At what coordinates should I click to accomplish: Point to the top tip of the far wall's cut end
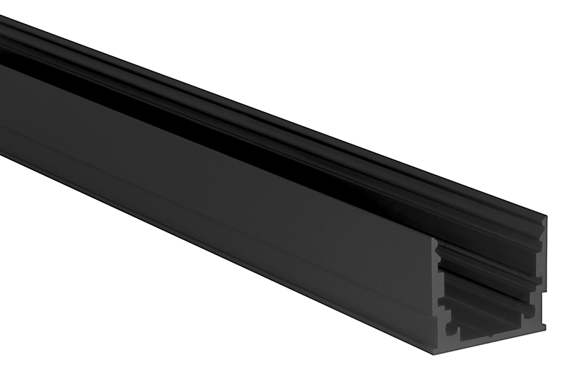[x=544, y=216]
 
